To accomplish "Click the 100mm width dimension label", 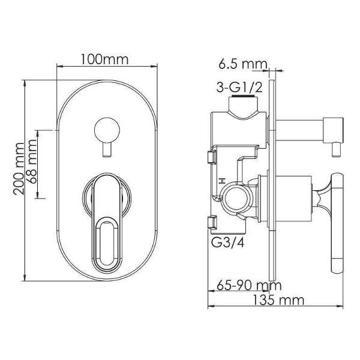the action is (x=104, y=59).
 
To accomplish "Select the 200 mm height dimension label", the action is (x=19, y=169).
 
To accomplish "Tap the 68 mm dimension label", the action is (x=31, y=161).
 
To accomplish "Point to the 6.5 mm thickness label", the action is (x=243, y=64).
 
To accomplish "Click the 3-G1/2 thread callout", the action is (x=239, y=87).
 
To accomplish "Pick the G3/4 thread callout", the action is (x=228, y=242).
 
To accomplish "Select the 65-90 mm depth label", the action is (x=249, y=286).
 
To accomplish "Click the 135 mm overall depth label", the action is (x=278, y=300).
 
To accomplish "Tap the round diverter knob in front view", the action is (x=107, y=130).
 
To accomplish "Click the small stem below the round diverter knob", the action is (x=107, y=149).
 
